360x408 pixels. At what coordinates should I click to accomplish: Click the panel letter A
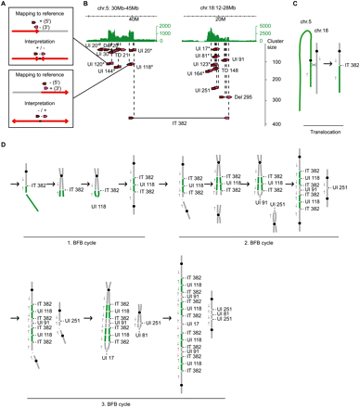5,5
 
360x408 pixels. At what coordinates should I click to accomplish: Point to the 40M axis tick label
122,16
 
